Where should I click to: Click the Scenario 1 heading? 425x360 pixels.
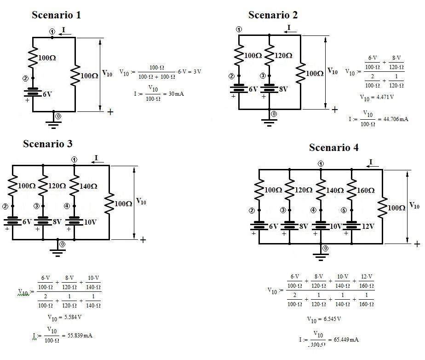[56, 15]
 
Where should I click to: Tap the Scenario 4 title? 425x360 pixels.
[334, 148]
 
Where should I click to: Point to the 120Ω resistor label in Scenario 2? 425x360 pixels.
[283, 56]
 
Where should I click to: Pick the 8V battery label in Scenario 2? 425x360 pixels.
[282, 89]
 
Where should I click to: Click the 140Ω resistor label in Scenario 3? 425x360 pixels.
[88, 186]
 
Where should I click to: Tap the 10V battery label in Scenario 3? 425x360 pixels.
[90, 221]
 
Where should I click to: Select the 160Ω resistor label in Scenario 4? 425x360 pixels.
[367, 190]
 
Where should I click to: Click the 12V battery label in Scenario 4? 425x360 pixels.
[368, 226]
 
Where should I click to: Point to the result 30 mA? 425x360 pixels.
[177, 93]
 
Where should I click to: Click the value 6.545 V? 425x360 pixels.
[330, 319]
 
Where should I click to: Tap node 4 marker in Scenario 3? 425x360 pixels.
[67, 206]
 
